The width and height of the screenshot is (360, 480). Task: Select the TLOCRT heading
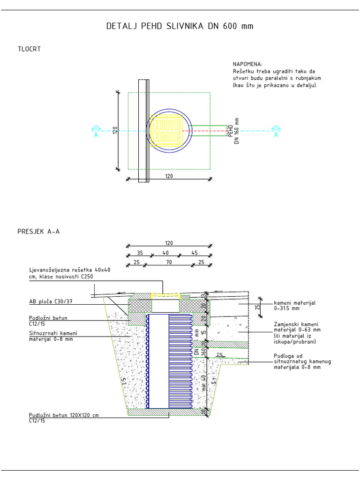[x=29, y=49]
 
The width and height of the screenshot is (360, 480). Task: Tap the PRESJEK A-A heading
[x=38, y=231]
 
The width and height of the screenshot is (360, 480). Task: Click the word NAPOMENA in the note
[x=247, y=64]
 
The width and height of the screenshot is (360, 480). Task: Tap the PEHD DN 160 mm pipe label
[x=233, y=131]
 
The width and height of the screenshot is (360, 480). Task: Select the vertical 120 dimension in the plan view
[x=114, y=131]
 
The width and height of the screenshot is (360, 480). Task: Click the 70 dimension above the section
[x=169, y=262]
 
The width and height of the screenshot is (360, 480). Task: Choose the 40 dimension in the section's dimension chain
[x=165, y=253]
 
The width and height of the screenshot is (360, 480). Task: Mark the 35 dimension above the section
[x=140, y=253]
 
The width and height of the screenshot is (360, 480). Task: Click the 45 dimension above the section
[x=194, y=253]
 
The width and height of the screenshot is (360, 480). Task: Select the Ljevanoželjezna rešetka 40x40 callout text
[x=70, y=273]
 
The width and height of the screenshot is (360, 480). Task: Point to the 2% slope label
[x=220, y=355]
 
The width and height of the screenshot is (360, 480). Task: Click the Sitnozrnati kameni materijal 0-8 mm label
[x=52, y=336]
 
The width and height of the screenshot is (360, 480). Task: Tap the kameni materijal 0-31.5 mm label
[x=295, y=306]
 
